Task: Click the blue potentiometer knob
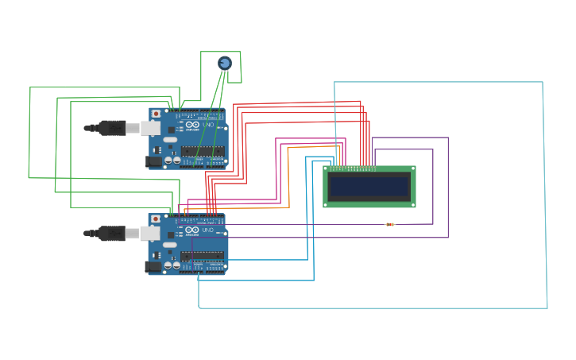point(225,63)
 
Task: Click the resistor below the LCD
point(389,224)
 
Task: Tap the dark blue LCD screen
point(369,187)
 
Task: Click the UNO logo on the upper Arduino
point(207,126)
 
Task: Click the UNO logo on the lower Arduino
point(207,230)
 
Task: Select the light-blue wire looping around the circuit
point(543,191)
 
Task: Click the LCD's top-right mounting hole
point(412,169)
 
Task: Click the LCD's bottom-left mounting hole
point(327,204)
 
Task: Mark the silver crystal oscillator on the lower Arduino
point(170,245)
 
